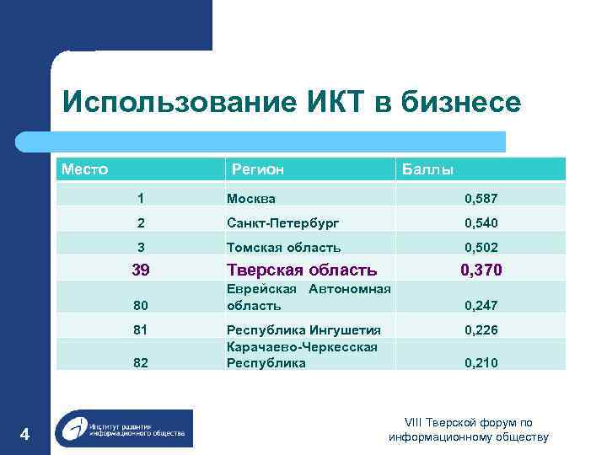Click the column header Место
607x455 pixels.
(84, 169)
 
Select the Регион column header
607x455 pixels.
(258, 169)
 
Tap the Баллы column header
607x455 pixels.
(427, 169)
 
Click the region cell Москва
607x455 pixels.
(251, 199)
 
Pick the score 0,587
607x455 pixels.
(481, 199)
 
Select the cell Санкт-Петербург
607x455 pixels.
(283, 223)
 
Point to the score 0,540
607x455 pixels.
(481, 223)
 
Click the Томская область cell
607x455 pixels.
(284, 248)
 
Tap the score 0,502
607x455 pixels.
(481, 248)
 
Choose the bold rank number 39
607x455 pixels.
(141, 270)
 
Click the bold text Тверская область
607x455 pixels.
(302, 270)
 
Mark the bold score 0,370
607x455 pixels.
(481, 270)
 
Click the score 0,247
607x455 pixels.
(481, 306)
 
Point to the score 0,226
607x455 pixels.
(481, 330)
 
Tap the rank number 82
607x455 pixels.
(141, 364)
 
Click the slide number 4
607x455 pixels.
(24, 435)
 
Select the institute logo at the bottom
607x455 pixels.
(124, 428)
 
